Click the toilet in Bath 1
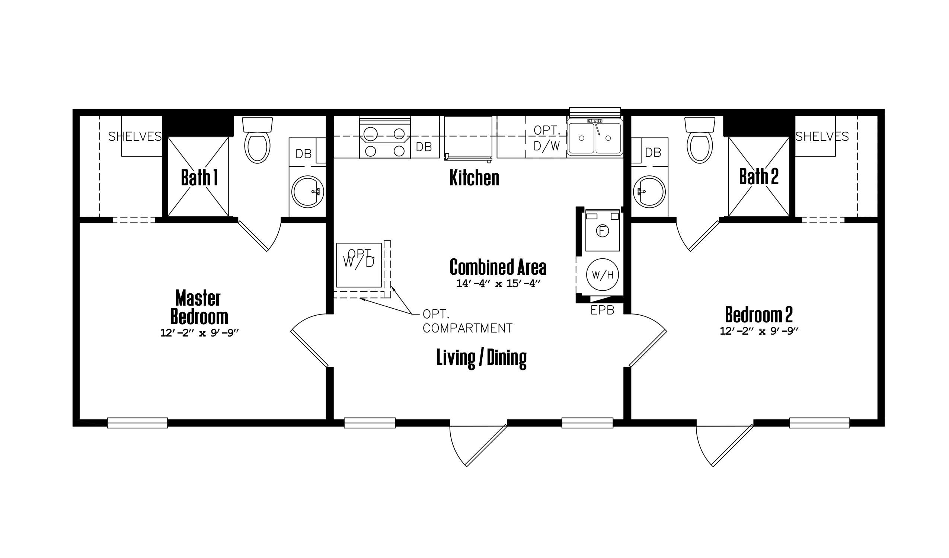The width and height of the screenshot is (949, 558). (257, 140)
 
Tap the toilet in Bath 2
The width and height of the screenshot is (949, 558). (700, 140)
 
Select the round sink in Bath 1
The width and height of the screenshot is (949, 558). (308, 191)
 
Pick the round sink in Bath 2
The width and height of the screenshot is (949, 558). (649, 191)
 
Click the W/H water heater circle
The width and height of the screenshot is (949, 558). (603, 275)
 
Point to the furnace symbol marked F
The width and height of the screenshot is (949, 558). (603, 230)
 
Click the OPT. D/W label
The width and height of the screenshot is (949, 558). (547, 138)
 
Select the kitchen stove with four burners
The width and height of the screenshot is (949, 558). (385, 138)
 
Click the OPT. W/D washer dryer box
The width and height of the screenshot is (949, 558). (359, 265)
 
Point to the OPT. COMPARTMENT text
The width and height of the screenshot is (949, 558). (467, 321)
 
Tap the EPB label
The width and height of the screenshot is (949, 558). (603, 310)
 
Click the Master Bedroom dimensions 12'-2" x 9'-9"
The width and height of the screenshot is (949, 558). (199, 333)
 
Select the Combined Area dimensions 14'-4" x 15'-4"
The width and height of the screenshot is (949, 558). (498, 283)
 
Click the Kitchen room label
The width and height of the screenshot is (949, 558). (474, 178)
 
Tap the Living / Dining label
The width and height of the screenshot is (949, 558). (482, 358)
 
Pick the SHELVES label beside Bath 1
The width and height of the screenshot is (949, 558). (135, 136)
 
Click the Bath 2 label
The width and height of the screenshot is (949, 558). (759, 176)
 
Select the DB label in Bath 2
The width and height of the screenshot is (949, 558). (653, 152)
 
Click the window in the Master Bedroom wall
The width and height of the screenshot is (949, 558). (137, 423)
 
